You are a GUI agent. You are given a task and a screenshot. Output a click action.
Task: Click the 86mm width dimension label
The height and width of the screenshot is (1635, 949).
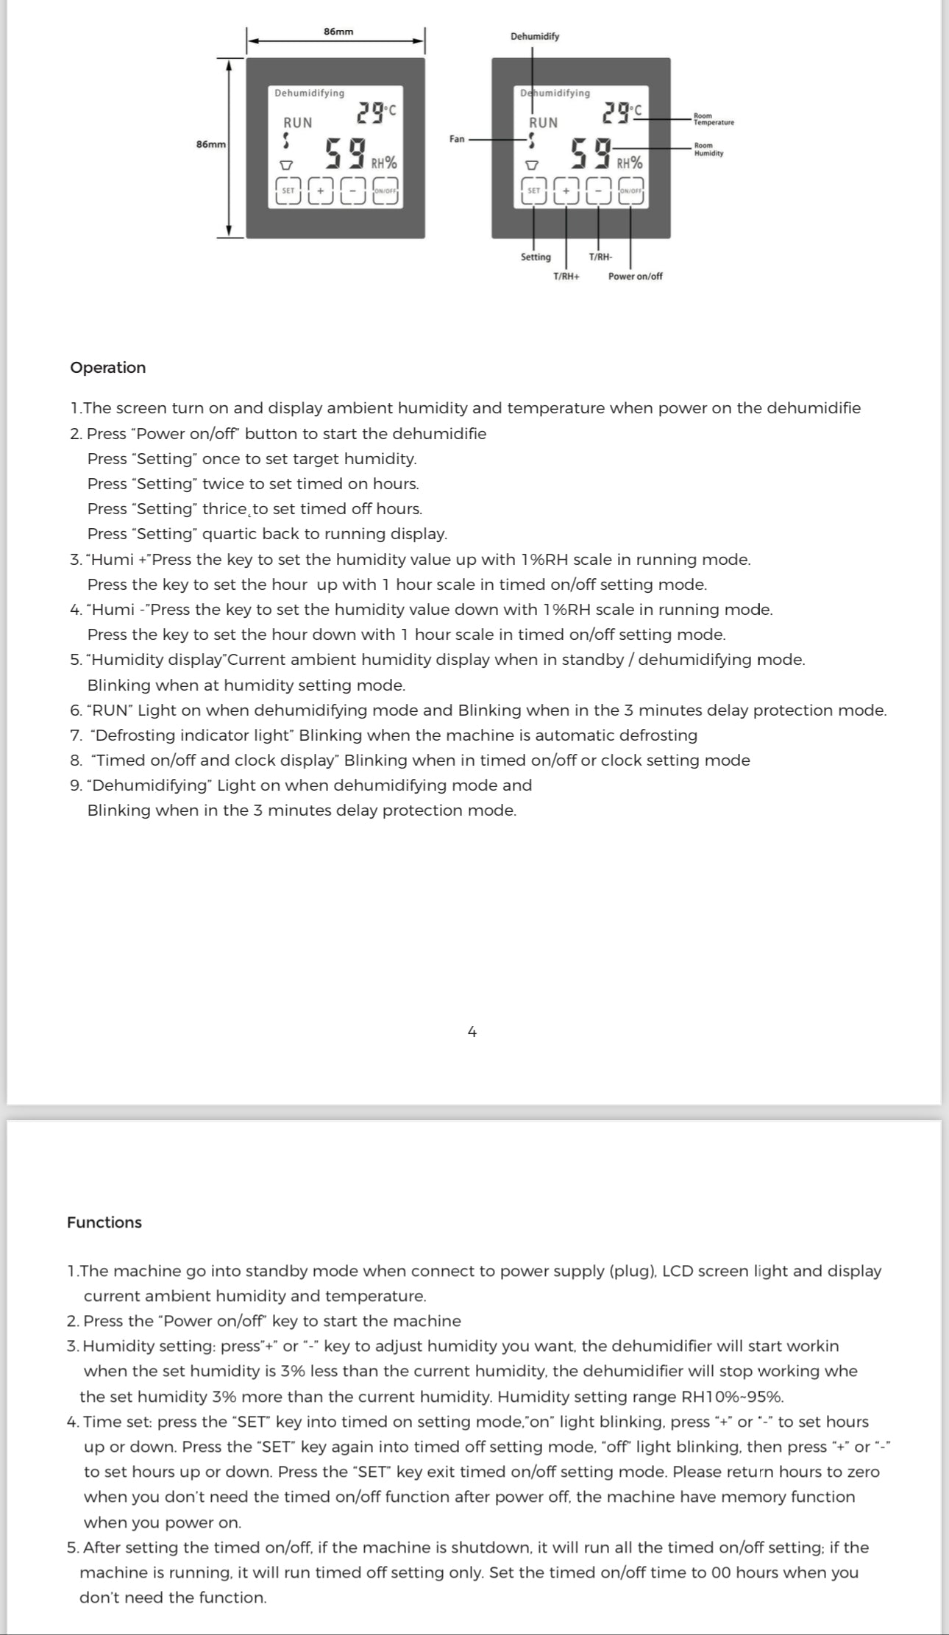[x=338, y=32]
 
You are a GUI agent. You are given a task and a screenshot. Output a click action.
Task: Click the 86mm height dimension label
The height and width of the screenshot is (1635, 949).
[x=211, y=144]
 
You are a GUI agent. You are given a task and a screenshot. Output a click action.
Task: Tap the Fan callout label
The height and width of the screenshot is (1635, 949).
[x=457, y=139]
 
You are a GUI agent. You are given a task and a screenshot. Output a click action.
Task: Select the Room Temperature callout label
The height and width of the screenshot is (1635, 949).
[x=713, y=119]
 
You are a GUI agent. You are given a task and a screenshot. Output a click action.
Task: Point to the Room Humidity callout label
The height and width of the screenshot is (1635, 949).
[x=708, y=149]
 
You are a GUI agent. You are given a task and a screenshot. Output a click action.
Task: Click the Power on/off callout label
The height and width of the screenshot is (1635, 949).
[x=635, y=277]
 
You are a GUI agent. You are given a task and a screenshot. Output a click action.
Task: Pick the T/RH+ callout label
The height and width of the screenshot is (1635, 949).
[x=566, y=277]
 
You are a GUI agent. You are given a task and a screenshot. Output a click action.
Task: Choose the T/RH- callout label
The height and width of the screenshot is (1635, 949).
[x=600, y=257]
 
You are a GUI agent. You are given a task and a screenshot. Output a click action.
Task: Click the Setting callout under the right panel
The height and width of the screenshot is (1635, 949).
[x=536, y=257]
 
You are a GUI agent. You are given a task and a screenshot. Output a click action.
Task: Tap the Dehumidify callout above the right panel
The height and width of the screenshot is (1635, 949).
[x=535, y=37]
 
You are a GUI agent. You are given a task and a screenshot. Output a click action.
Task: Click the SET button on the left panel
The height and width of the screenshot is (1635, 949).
[x=288, y=191]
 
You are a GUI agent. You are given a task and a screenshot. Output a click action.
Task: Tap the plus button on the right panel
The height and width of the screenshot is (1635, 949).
[x=566, y=191]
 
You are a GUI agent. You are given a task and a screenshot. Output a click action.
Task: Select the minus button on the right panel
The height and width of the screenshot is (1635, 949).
[x=599, y=191]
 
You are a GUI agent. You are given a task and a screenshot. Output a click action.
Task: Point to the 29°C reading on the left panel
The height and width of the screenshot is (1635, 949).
[x=376, y=113]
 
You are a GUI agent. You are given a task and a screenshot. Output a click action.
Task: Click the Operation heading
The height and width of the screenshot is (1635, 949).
[x=108, y=368]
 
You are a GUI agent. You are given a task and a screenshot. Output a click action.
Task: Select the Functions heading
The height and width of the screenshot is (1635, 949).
[x=104, y=1222]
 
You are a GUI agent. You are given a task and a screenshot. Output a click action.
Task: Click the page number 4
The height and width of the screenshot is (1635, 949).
[x=472, y=1032]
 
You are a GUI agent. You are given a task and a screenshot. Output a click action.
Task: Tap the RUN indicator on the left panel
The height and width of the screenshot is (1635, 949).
[x=298, y=123]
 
